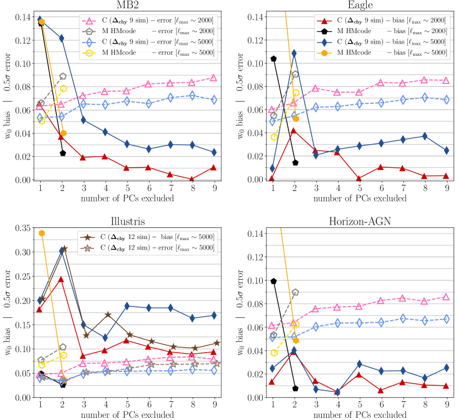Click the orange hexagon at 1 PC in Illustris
tap(42, 233)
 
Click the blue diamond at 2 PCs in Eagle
tap(294, 54)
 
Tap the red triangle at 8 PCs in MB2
tap(192, 179)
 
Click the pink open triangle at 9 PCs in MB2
tap(213, 78)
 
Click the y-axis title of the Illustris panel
tap(7, 312)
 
